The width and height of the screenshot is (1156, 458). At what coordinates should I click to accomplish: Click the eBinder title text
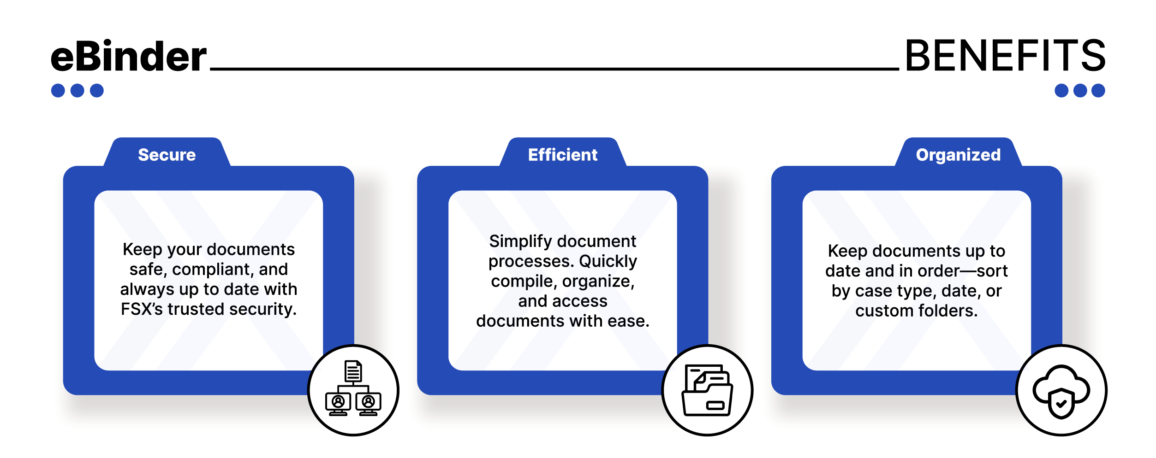click(x=129, y=56)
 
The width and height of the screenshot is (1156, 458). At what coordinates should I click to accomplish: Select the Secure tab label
click(x=167, y=155)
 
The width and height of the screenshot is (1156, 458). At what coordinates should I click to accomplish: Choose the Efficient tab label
click(x=563, y=155)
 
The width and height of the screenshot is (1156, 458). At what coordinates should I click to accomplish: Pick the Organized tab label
click(x=959, y=155)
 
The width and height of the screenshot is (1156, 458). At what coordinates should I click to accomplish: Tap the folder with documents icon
click(x=707, y=390)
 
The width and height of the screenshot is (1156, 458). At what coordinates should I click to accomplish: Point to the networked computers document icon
click(x=353, y=388)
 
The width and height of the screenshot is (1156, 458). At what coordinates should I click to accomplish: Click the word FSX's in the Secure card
click(x=142, y=309)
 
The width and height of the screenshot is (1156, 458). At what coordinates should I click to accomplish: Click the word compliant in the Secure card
click(x=211, y=270)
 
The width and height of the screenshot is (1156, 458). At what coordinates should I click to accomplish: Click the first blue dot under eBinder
click(x=58, y=90)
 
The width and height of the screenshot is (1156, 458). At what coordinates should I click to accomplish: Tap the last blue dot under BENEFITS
click(x=1098, y=90)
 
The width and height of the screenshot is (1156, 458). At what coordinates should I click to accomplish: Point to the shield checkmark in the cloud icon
click(x=1061, y=404)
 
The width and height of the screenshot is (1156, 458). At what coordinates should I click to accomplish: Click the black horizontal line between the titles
click(x=554, y=69)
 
